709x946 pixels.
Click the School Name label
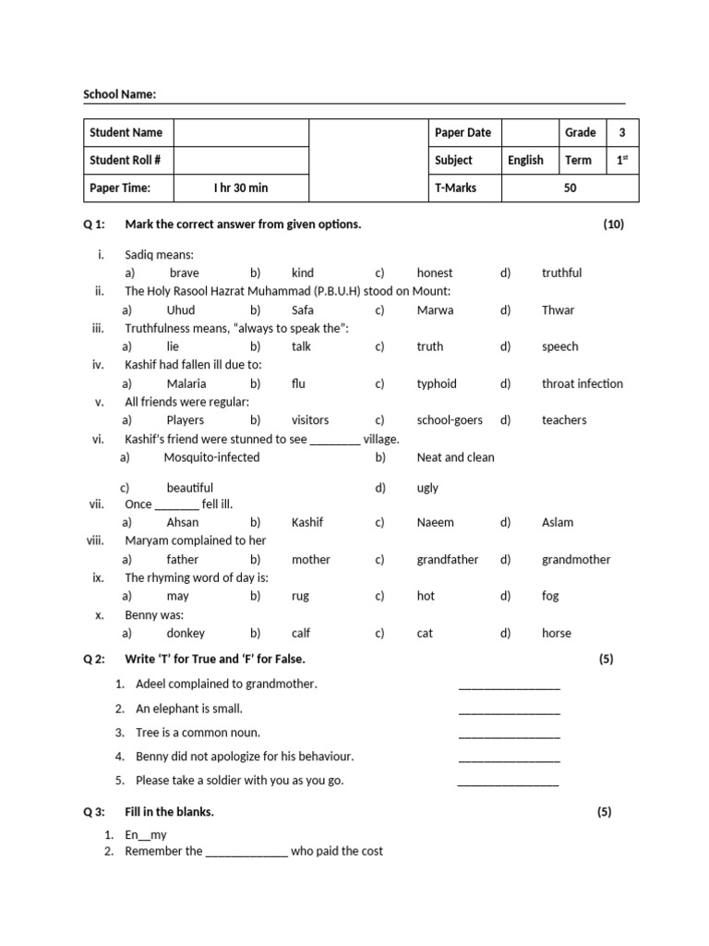[119, 94]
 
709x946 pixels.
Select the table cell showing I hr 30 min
[240, 188]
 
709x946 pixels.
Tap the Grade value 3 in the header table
[622, 132]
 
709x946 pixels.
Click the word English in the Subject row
[525, 160]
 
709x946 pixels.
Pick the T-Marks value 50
[570, 188]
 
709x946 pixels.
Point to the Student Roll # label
[125, 160]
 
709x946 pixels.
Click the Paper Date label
[463, 132]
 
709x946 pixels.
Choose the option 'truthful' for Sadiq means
[561, 273]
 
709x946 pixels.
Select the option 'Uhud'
[181, 309]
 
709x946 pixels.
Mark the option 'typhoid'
[437, 383]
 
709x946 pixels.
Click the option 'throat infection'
[582, 383]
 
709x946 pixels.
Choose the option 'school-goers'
[450, 419]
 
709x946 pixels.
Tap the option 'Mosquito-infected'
[211, 457]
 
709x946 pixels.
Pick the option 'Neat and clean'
[455, 457]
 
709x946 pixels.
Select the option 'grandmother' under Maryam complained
[575, 559]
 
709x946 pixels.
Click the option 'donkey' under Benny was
[186, 633]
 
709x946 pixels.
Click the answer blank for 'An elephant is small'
[509, 710]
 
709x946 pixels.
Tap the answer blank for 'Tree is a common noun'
[509, 734]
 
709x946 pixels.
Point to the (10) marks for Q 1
[613, 224]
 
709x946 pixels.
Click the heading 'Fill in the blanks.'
[169, 812]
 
